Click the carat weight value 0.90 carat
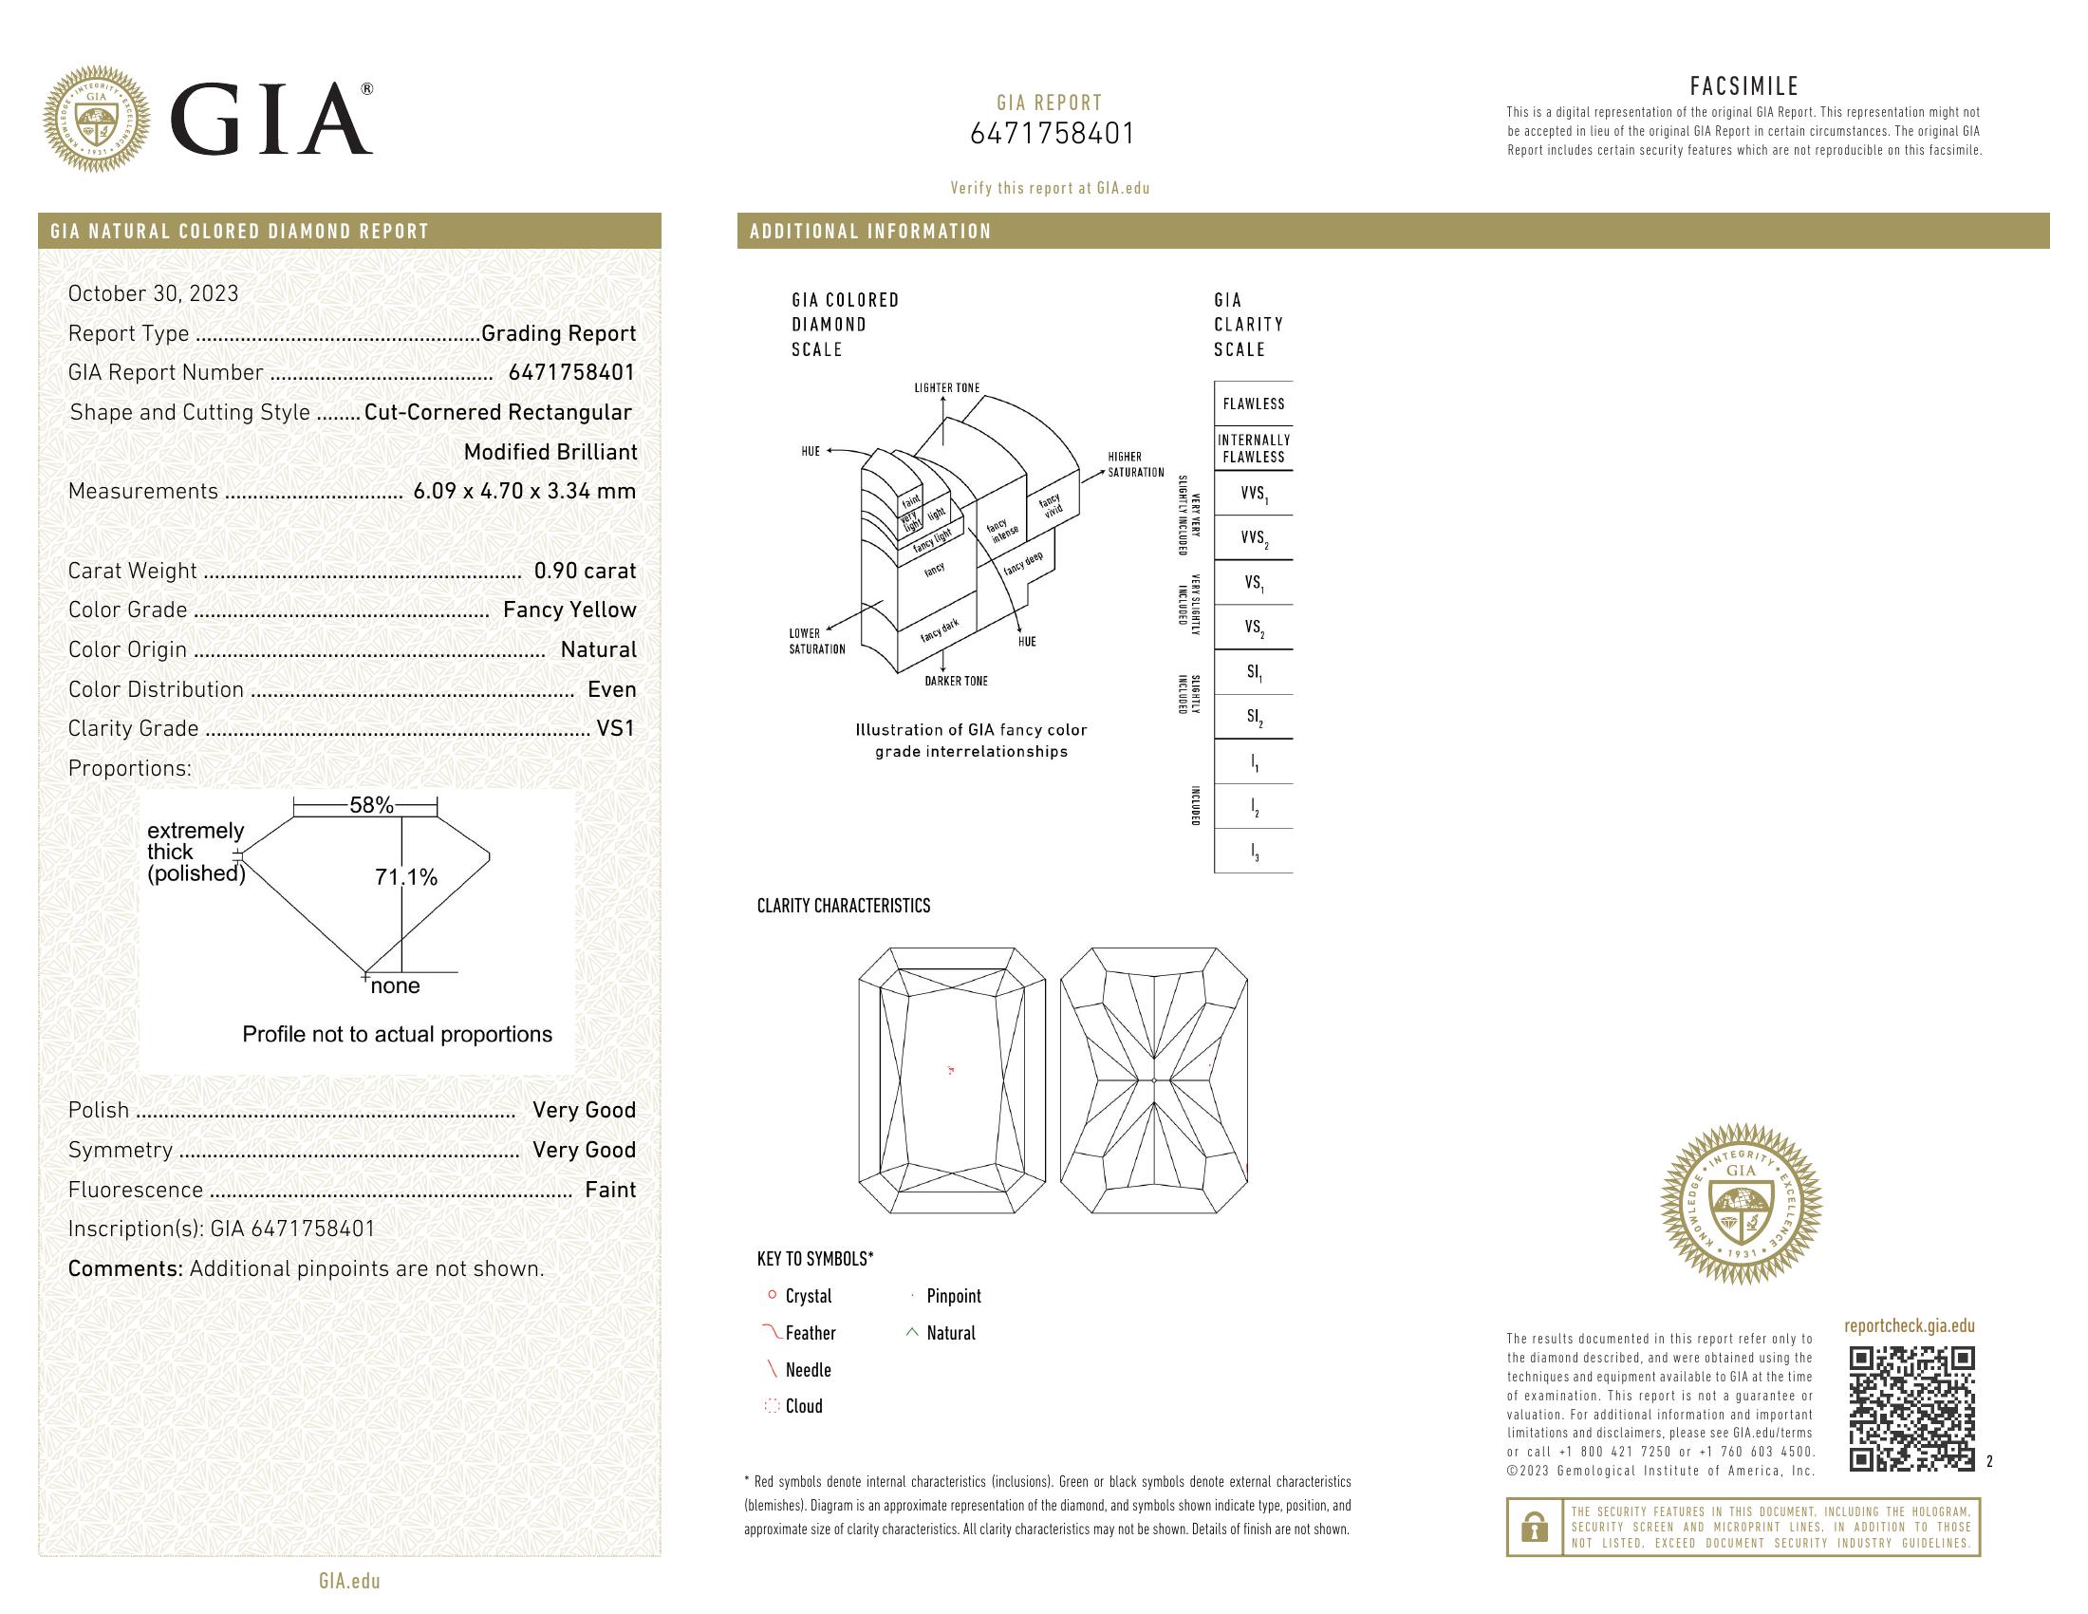pyautogui.click(x=584, y=571)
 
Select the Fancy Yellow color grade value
pyautogui.click(x=569, y=610)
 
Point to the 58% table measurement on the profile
pyautogui.click(x=371, y=805)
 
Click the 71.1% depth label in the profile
pyautogui.click(x=406, y=877)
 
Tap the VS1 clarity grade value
pyautogui.click(x=616, y=728)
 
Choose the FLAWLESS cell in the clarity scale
pyautogui.click(x=1254, y=403)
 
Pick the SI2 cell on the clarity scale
pyautogui.click(x=1255, y=717)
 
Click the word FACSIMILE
pyautogui.click(x=1743, y=86)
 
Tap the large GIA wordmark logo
pyautogui.click(x=271, y=119)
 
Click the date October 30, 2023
pyautogui.click(x=153, y=293)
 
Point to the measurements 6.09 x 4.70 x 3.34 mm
pyautogui.click(x=524, y=492)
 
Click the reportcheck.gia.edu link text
pyautogui.click(x=1909, y=1325)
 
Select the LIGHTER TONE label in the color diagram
pyautogui.click(x=946, y=388)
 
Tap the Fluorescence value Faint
pyautogui.click(x=610, y=1190)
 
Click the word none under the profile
pyautogui.click(x=395, y=985)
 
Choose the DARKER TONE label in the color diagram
pyautogui.click(x=956, y=681)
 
